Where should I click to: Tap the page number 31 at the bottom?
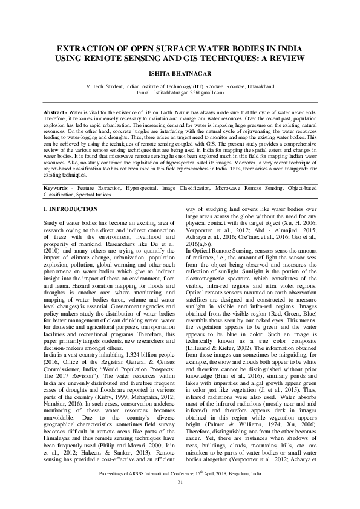pyautogui.click(x=180, y=498)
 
